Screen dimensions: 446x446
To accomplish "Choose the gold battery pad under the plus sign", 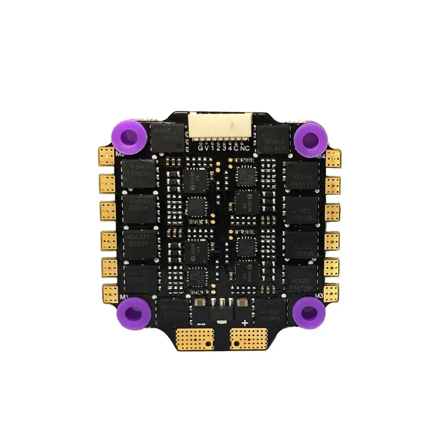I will click(x=248, y=339).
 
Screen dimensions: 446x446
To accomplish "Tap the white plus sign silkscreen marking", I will click(x=244, y=322).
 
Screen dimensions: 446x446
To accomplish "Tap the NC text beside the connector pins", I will click(x=245, y=149).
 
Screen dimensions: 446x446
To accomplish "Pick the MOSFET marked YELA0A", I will click(x=274, y=139).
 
